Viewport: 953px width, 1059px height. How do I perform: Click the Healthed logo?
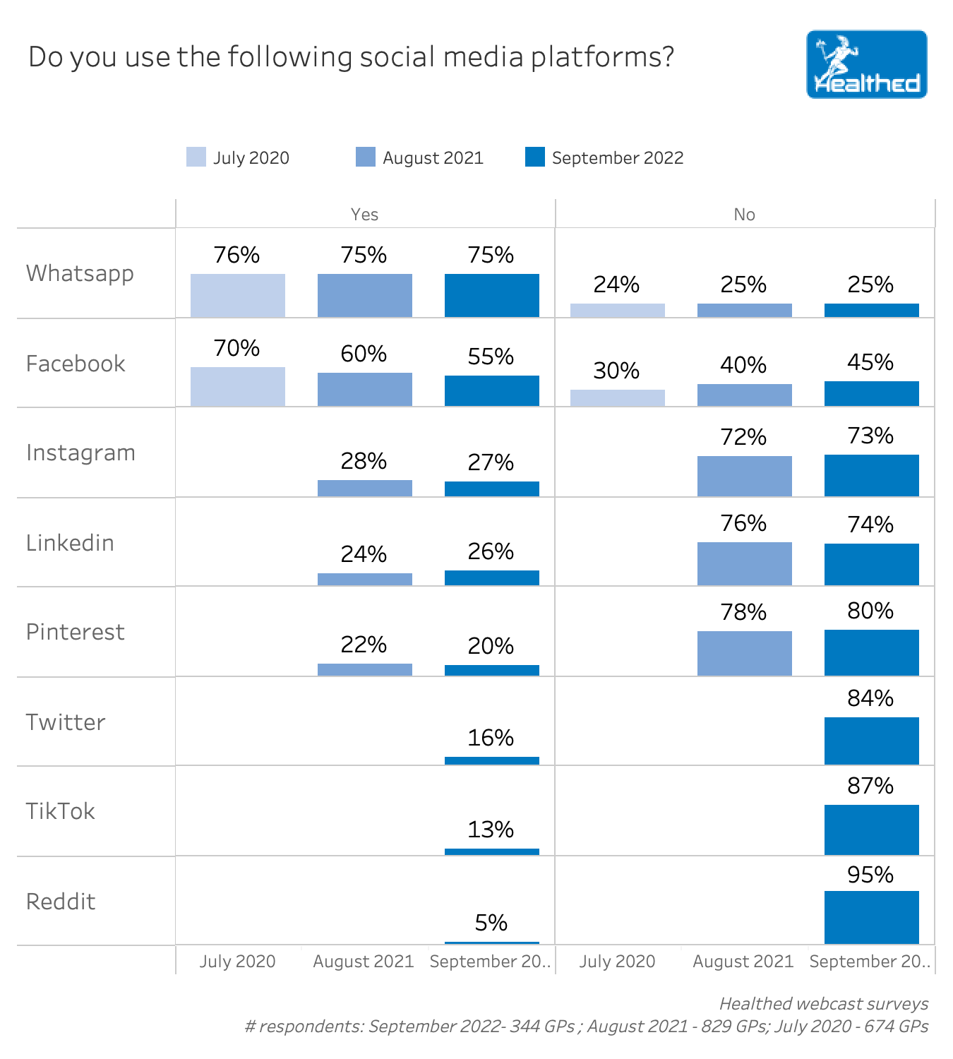point(866,64)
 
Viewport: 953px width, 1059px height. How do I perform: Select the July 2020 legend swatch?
point(196,157)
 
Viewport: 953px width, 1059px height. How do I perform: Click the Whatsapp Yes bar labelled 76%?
point(238,295)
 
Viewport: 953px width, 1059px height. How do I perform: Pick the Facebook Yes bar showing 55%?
point(492,390)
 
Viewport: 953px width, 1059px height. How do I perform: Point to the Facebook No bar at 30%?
point(618,397)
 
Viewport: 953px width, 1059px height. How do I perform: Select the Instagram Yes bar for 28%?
point(365,488)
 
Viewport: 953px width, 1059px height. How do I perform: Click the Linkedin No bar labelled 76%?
point(745,563)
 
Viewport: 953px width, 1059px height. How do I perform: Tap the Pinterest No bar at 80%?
point(872,652)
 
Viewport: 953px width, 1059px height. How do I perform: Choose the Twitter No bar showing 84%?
point(872,741)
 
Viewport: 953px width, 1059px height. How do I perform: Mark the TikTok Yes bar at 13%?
point(492,851)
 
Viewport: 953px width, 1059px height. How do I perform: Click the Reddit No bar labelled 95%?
point(872,917)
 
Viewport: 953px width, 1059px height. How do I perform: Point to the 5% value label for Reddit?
point(491,923)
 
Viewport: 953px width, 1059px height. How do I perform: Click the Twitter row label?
point(66,722)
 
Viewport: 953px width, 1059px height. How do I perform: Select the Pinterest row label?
point(76,632)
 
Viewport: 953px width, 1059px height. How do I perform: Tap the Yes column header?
point(365,215)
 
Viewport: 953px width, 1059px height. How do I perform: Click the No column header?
point(745,215)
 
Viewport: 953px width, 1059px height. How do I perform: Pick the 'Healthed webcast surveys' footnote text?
point(824,1003)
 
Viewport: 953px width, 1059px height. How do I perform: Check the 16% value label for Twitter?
point(491,738)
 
